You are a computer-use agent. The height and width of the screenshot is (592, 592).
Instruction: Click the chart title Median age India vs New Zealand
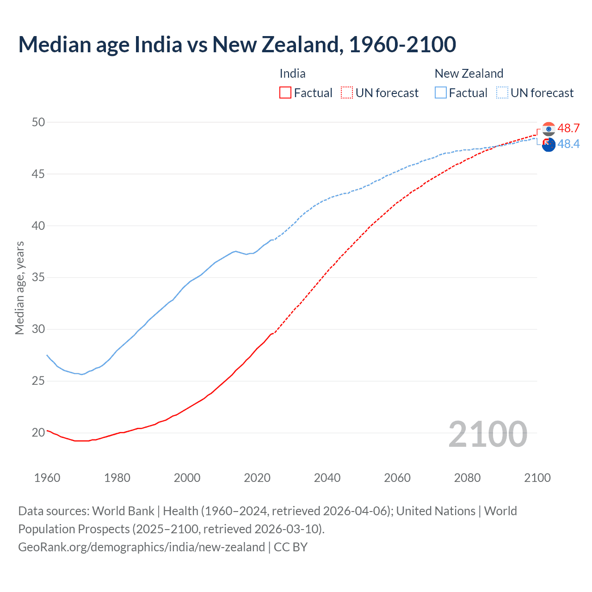(x=237, y=44)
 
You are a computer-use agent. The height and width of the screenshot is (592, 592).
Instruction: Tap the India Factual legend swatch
(x=285, y=93)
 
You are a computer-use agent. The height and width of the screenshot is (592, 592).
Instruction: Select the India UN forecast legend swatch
(x=347, y=93)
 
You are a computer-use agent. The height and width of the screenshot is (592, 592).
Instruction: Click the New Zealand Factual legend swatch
(x=440, y=93)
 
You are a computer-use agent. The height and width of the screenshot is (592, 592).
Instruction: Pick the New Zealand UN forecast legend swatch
(x=502, y=93)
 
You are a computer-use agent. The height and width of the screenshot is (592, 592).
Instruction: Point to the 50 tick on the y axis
(x=38, y=122)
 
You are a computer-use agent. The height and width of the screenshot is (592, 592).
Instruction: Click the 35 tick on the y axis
(x=38, y=277)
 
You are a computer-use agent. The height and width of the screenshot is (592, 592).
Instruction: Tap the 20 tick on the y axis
(x=38, y=432)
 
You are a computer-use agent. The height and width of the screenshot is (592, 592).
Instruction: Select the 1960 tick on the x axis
(x=47, y=478)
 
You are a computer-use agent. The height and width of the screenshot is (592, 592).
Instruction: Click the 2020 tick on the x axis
(x=257, y=478)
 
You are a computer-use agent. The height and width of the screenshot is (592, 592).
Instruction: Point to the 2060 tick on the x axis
(x=397, y=478)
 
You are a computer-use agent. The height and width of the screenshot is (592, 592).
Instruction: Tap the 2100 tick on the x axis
(x=537, y=478)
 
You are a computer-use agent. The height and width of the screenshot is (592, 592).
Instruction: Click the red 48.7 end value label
(x=568, y=128)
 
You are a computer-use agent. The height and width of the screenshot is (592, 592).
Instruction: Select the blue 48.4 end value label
(x=568, y=144)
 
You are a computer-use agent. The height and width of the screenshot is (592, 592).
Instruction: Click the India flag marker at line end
(x=549, y=129)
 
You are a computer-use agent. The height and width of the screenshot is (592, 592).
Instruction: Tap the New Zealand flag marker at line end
(x=549, y=145)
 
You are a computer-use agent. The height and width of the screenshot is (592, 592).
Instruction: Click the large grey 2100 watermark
(x=487, y=434)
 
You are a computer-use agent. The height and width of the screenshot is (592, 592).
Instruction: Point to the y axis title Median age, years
(x=19, y=288)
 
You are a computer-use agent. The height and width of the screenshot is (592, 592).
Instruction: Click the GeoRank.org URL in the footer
(x=142, y=547)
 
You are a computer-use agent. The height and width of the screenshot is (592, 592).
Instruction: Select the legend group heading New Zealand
(x=469, y=74)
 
